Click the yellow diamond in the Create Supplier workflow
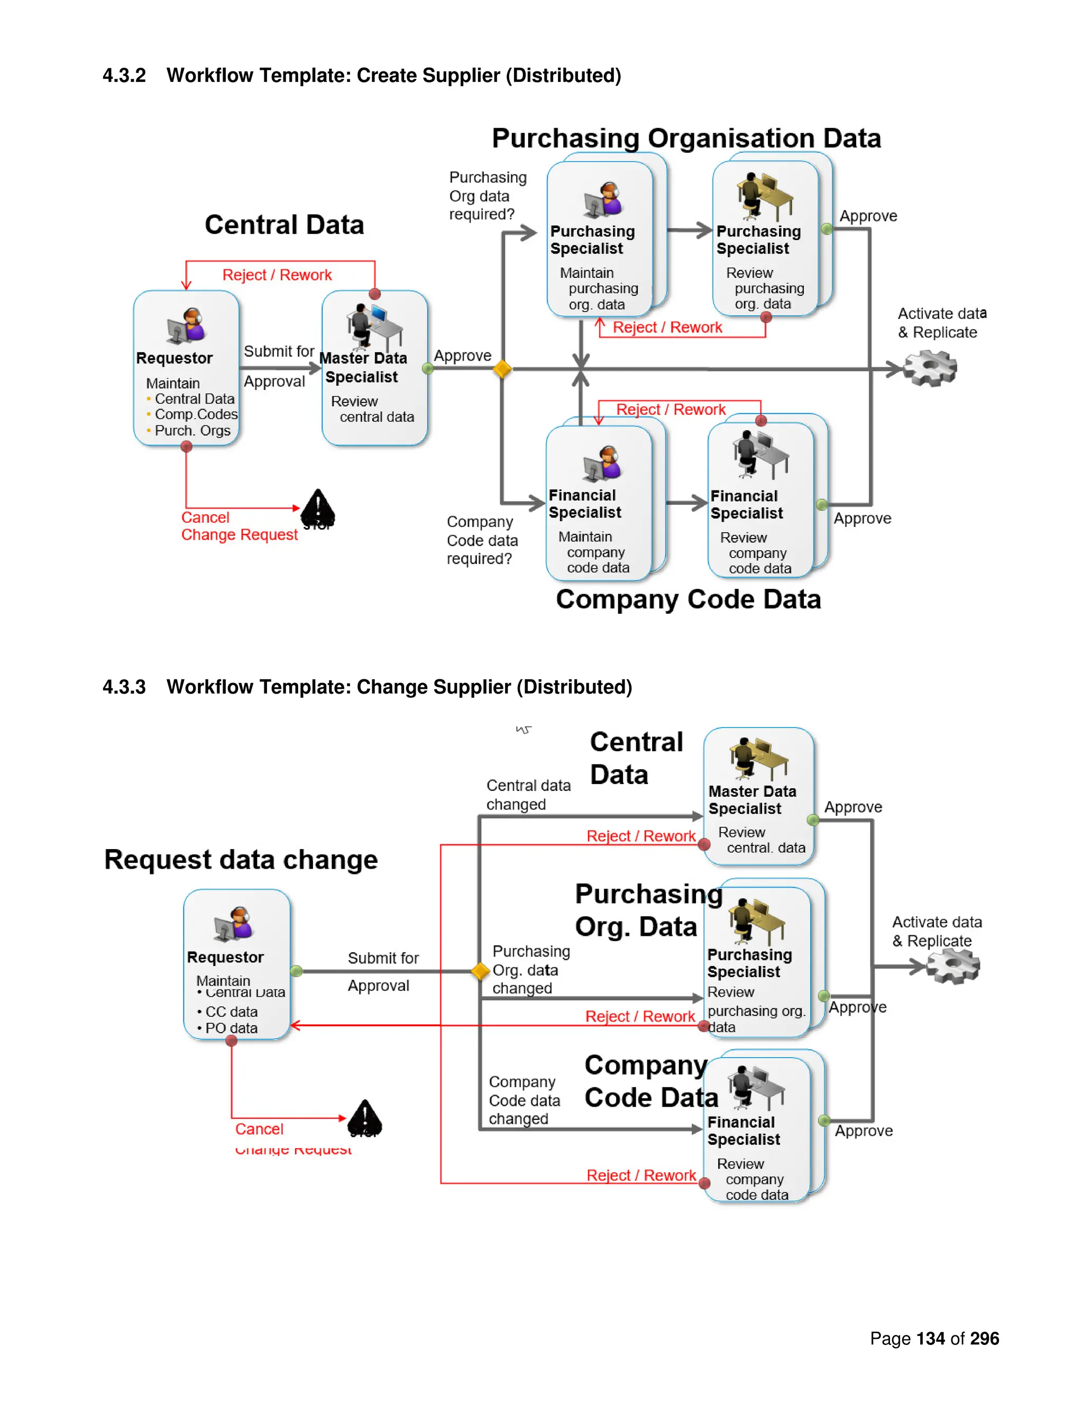click(502, 369)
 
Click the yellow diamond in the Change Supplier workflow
click(481, 971)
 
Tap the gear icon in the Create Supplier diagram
click(930, 368)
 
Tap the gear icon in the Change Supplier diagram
click(953, 966)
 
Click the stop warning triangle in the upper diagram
click(318, 508)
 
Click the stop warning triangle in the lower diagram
click(364, 1119)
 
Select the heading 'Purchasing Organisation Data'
click(686, 139)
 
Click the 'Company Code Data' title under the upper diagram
click(688, 599)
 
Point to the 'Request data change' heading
click(241, 860)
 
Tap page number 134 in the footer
click(930, 1339)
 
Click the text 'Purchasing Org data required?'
click(487, 196)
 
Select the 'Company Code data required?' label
click(482, 541)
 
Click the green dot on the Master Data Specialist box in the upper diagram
click(428, 368)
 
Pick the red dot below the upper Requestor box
click(187, 447)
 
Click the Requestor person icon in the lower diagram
click(234, 924)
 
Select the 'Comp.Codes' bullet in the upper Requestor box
click(196, 415)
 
